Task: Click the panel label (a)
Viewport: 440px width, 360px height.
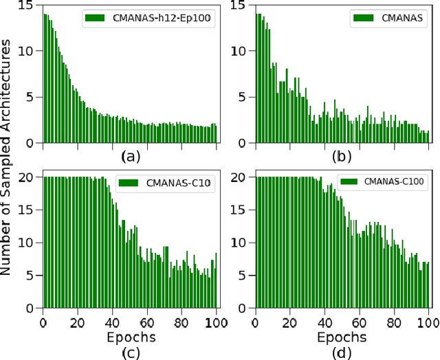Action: tap(130, 156)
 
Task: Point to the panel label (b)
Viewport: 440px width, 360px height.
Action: tap(342, 156)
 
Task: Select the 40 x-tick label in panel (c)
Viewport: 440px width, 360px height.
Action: tap(112, 322)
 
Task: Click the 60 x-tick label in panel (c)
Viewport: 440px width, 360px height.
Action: tap(147, 322)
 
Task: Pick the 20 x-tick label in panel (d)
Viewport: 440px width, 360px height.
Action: tap(289, 322)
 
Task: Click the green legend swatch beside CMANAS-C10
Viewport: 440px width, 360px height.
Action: tap(130, 183)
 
